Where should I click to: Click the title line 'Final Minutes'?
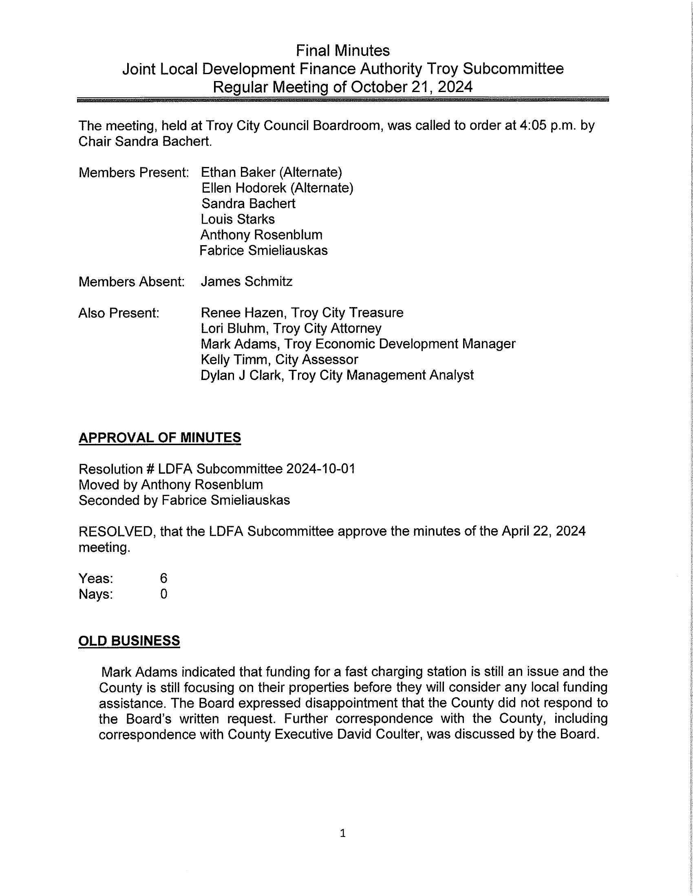coord(343,51)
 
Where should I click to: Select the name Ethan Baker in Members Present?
coord(238,172)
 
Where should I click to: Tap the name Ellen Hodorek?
coord(244,188)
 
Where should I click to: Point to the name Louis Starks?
coord(238,219)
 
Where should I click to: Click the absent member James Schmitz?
coord(246,281)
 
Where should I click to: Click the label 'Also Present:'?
coord(119,313)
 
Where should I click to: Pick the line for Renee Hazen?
coord(302,313)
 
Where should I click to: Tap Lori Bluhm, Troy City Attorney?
coord(291,328)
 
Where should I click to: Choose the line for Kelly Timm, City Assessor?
coord(279,359)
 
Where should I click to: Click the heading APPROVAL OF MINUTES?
coord(160,438)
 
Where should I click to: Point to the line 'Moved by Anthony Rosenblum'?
coord(171,485)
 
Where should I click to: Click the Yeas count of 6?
coord(163,578)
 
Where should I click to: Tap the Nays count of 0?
coord(163,594)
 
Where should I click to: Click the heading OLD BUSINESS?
coord(129,641)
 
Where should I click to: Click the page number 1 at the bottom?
coord(343,833)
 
